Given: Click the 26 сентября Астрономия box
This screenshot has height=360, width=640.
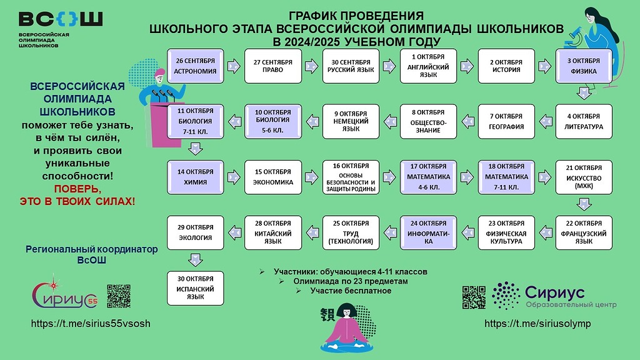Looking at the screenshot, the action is tap(196, 66).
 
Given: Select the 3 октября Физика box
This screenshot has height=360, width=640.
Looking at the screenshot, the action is tap(584, 66).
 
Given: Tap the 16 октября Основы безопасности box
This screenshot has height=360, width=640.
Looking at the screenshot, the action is tap(351, 177).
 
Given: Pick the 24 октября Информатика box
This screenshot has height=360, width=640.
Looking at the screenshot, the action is tap(428, 232).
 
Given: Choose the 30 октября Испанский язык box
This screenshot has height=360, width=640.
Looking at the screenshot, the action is tap(196, 287).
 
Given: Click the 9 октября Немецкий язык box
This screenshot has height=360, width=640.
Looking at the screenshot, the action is tap(351, 121).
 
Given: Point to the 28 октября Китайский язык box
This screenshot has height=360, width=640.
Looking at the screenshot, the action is tap(273, 232).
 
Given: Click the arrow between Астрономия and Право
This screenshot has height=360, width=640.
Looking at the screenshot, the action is tap(234, 66).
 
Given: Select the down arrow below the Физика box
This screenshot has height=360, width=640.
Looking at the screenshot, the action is tap(584, 93).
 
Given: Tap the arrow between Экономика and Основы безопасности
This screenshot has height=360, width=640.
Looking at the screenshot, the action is tap(312, 177).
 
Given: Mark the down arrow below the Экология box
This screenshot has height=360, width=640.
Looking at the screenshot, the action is tap(196, 259).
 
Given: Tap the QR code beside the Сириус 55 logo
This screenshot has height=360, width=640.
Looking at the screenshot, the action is tap(119, 296).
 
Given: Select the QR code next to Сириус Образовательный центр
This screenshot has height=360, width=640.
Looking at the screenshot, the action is tap(474, 297).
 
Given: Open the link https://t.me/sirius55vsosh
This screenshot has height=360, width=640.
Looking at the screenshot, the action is tap(91, 324).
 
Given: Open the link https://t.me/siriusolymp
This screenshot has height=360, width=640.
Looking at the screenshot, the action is tap(537, 324).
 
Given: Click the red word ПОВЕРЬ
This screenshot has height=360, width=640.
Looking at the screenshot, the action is tap(77, 189).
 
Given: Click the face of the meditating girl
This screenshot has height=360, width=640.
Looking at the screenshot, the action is tap(347, 312).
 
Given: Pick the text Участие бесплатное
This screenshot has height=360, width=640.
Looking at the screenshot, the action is tap(350, 291).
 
